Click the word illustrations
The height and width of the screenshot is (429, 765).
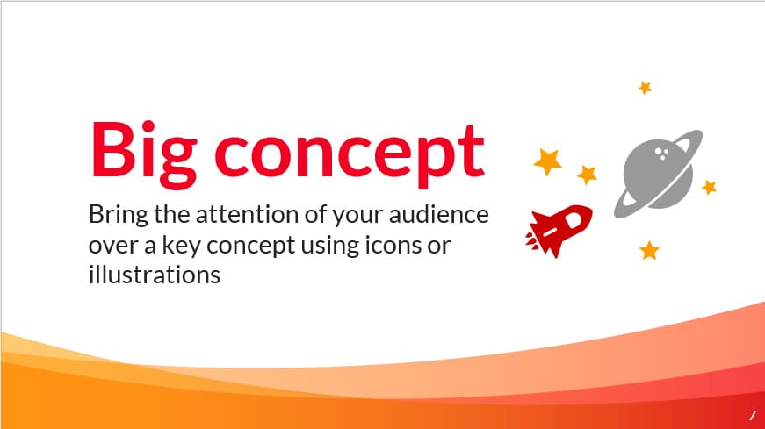pyautogui.click(x=153, y=275)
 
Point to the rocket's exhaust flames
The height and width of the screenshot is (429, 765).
pyautogui.click(x=533, y=235)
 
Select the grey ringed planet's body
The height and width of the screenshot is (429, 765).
pyautogui.click(x=657, y=172)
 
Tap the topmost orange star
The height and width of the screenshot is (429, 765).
pyautogui.click(x=645, y=88)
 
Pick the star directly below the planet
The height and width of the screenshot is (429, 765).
pyautogui.click(x=649, y=250)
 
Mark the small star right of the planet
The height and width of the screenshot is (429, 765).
pyautogui.click(x=710, y=187)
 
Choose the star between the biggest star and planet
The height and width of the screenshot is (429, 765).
pyautogui.click(x=588, y=175)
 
